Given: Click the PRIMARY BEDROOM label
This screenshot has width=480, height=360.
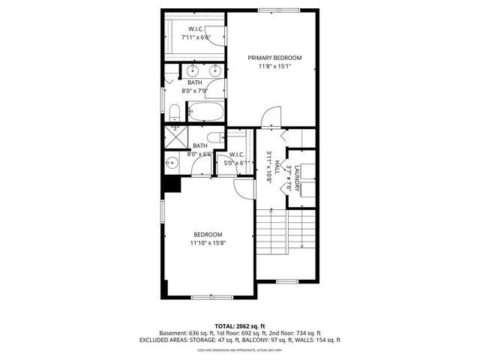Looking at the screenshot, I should coord(275,58).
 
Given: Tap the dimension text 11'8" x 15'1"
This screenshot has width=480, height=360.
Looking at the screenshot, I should coord(275,66).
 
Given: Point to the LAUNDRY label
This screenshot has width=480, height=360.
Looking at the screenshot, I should coord(297,179).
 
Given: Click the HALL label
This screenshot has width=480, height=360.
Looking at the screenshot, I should coord(277,166).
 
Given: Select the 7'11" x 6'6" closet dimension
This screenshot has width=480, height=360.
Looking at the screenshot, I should coord(194,37).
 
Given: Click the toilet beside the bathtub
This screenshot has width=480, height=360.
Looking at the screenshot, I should coord(174,113).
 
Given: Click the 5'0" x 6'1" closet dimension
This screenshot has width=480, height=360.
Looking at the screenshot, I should coord(236,163).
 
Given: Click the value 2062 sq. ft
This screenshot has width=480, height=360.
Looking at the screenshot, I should coord(250,325).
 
